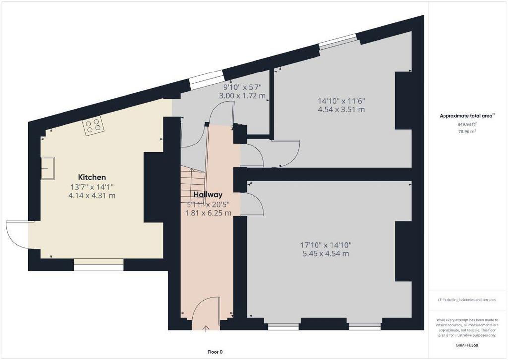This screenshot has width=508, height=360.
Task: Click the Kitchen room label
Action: [92, 177]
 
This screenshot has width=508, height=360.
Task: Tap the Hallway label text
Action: [208, 195]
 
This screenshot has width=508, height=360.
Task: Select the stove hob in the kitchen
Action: [93, 126]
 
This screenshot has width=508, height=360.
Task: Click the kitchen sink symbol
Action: [47, 168]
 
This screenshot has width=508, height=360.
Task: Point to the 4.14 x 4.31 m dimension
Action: [92, 196]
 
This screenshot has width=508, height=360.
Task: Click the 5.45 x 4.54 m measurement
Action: [325, 254]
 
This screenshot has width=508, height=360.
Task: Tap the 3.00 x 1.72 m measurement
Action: [242, 96]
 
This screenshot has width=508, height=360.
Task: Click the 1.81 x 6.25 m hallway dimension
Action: [208, 213]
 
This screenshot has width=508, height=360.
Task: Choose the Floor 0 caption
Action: [215, 352]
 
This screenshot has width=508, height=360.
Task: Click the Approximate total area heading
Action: [467, 116]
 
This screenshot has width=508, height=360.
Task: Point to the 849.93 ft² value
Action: [467, 124]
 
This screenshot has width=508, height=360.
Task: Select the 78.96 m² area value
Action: [467, 132]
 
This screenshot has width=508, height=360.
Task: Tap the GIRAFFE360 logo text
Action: [466, 345]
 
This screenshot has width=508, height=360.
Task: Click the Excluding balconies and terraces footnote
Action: [466, 300]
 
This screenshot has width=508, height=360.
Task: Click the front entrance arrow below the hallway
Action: [206, 329]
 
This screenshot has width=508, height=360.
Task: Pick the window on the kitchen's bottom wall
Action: [99, 265]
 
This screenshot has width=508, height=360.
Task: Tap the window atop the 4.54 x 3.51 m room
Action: [338, 42]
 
